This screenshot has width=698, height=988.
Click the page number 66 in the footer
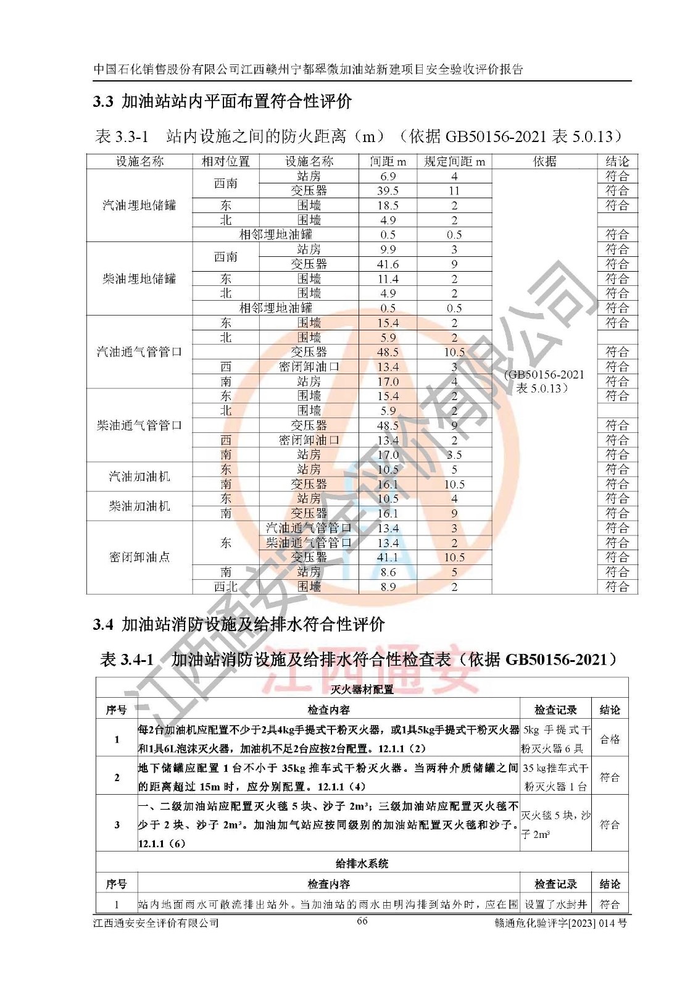click(x=362, y=921)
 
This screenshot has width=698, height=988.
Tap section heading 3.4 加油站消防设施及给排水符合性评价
click(x=239, y=624)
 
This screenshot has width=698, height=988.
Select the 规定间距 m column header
click(x=454, y=162)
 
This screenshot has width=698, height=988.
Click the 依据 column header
click(x=544, y=162)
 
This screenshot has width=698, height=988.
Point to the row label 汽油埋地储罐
click(x=139, y=205)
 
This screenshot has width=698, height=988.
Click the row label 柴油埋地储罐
click(x=139, y=278)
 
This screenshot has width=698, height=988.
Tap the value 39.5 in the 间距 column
click(x=388, y=191)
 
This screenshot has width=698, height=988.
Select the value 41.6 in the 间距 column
click(x=388, y=264)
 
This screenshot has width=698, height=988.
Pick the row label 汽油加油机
click(x=139, y=477)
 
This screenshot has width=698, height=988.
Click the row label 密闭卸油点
click(x=139, y=557)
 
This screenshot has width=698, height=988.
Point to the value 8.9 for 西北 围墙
click(x=388, y=587)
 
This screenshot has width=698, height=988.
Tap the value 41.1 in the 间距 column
click(x=388, y=558)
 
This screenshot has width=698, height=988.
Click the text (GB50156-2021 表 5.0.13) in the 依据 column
click(x=543, y=382)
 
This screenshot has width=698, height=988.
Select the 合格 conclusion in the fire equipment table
click(x=610, y=739)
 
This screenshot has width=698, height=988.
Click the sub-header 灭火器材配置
click(x=362, y=689)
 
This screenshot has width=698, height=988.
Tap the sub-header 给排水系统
click(x=362, y=863)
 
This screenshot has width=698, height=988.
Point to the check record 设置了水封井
click(x=555, y=905)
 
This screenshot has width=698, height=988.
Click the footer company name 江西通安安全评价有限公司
click(x=156, y=923)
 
